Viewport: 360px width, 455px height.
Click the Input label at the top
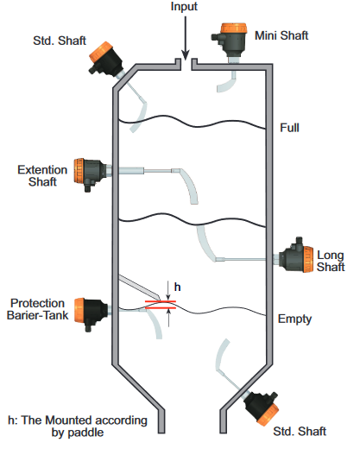click(x=184, y=6)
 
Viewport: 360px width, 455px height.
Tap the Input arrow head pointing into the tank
click(x=186, y=55)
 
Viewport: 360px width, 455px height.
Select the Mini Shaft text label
click(x=281, y=35)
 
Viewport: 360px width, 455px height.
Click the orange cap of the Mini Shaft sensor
click(x=233, y=28)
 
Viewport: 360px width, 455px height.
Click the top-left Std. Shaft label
click(x=60, y=41)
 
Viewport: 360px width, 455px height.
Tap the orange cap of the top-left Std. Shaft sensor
click(x=100, y=52)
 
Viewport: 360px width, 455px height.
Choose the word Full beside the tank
click(x=289, y=128)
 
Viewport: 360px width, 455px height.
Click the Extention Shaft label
click(x=42, y=175)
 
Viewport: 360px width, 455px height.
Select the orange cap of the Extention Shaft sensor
click(x=79, y=171)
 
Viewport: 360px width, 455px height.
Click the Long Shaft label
click(x=331, y=261)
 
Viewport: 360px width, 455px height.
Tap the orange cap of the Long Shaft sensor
click(x=308, y=259)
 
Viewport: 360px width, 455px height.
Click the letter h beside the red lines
click(x=177, y=287)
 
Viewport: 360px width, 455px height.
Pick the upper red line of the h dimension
click(x=161, y=301)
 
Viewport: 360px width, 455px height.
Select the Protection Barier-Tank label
click(x=37, y=309)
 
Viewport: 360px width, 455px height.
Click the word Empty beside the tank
click(x=294, y=319)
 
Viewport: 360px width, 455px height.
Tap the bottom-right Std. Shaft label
click(x=300, y=431)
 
